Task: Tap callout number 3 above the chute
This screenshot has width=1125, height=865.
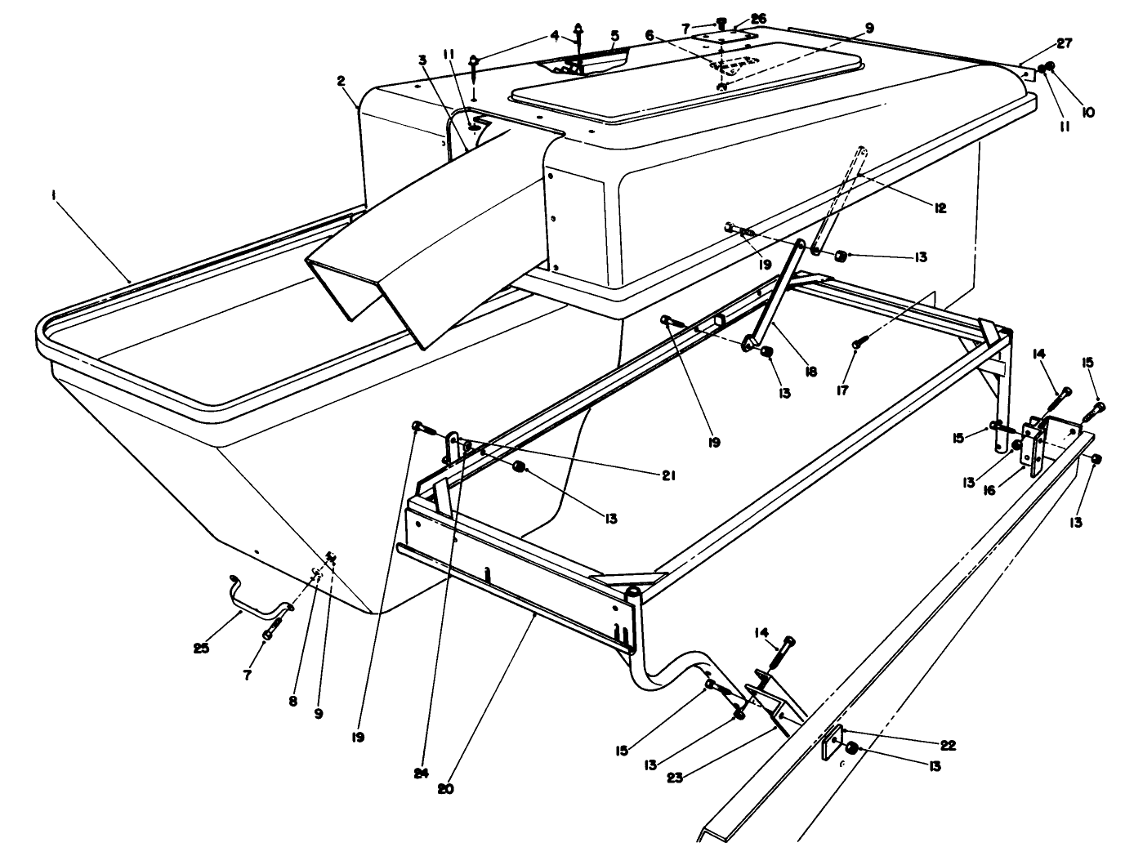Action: (422, 60)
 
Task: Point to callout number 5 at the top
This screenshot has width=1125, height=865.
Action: (614, 36)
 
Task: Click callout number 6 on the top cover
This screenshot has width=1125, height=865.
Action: (650, 35)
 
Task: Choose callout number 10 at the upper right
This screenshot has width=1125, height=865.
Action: (1087, 113)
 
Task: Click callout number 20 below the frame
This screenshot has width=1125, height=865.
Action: (446, 789)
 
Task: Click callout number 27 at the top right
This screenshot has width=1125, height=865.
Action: (1064, 42)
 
